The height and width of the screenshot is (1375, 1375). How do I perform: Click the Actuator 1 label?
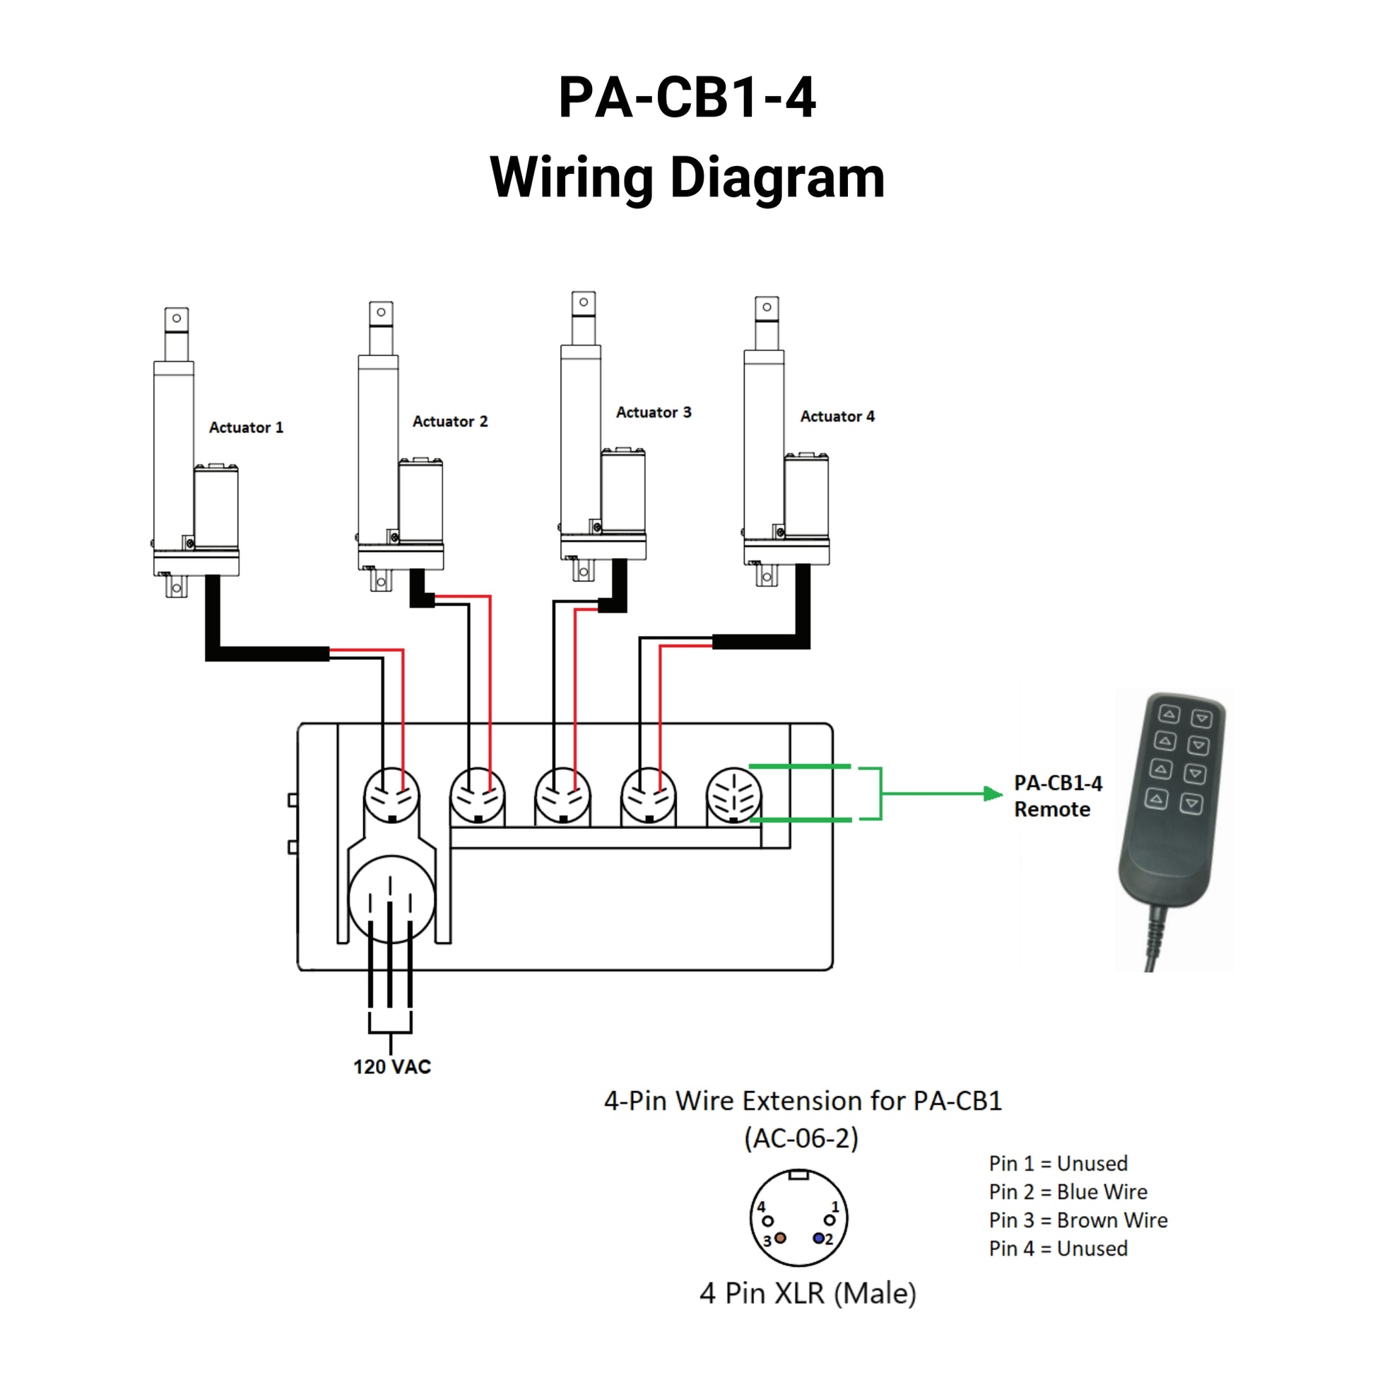click(x=246, y=427)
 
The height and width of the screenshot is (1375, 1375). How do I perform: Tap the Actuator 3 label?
click(x=654, y=413)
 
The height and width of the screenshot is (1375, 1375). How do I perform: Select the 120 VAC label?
click(x=392, y=1067)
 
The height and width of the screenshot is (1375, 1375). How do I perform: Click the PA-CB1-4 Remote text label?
click(x=1058, y=796)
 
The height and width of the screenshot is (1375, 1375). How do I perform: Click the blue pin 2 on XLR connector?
click(x=818, y=1239)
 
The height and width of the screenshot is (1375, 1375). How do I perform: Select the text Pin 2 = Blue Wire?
click(x=1068, y=1191)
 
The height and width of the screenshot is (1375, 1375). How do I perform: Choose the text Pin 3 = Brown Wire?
click(x=1078, y=1220)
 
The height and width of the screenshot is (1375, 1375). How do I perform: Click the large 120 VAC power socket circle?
click(x=391, y=899)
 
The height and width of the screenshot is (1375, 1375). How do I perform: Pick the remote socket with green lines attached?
click(x=733, y=795)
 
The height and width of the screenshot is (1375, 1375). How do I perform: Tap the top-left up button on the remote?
click(x=1169, y=714)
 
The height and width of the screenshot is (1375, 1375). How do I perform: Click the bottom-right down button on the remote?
click(x=1191, y=803)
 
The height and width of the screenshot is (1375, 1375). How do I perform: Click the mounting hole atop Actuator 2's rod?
click(x=382, y=312)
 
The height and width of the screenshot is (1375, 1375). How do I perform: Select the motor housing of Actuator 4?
click(x=806, y=496)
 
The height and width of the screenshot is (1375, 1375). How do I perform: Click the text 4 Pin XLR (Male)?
click(x=808, y=1293)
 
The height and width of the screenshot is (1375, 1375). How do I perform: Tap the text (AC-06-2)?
click(x=801, y=1138)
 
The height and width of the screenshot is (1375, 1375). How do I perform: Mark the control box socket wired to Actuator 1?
click(x=391, y=796)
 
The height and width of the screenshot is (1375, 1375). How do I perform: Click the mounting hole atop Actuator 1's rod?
click(x=177, y=318)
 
